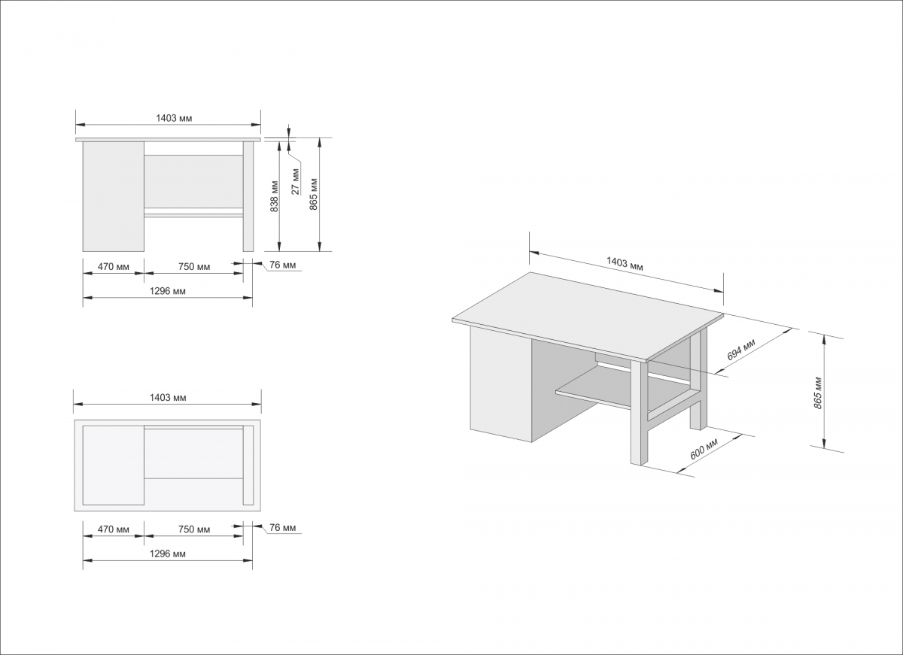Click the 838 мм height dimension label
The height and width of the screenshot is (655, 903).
[x=274, y=196]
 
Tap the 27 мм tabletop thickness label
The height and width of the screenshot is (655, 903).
[x=296, y=181]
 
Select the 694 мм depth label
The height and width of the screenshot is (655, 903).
[x=741, y=349]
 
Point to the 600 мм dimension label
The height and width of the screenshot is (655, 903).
[x=704, y=449]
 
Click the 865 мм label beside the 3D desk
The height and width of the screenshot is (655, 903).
[x=818, y=393]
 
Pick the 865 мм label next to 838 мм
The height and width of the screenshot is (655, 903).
[x=314, y=194]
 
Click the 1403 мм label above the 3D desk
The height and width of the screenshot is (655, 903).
[x=625, y=263]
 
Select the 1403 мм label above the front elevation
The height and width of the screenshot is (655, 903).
[x=174, y=118]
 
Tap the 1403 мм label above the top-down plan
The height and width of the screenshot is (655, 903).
[x=168, y=398]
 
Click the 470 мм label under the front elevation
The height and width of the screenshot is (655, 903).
[x=114, y=267]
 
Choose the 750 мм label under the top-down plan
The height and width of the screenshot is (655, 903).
[x=194, y=529]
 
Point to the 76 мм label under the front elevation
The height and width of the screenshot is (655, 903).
[x=283, y=265]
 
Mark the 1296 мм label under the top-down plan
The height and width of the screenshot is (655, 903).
[x=168, y=554]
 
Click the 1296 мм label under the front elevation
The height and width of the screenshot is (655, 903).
[x=168, y=291]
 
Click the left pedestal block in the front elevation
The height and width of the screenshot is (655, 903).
[x=114, y=196]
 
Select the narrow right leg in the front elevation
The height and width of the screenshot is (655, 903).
[x=248, y=196]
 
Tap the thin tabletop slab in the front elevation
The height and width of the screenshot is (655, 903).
[x=168, y=140]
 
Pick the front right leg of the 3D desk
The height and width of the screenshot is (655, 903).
[x=637, y=413]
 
